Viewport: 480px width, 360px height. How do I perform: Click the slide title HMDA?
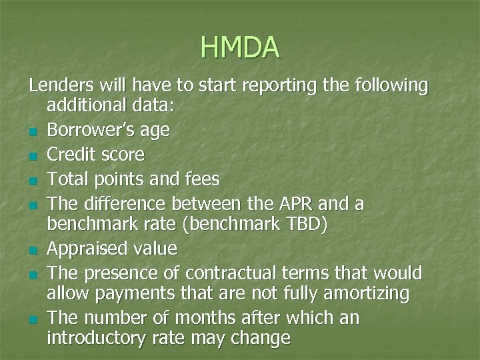[240, 47]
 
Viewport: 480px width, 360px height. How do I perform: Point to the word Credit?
[70, 155]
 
